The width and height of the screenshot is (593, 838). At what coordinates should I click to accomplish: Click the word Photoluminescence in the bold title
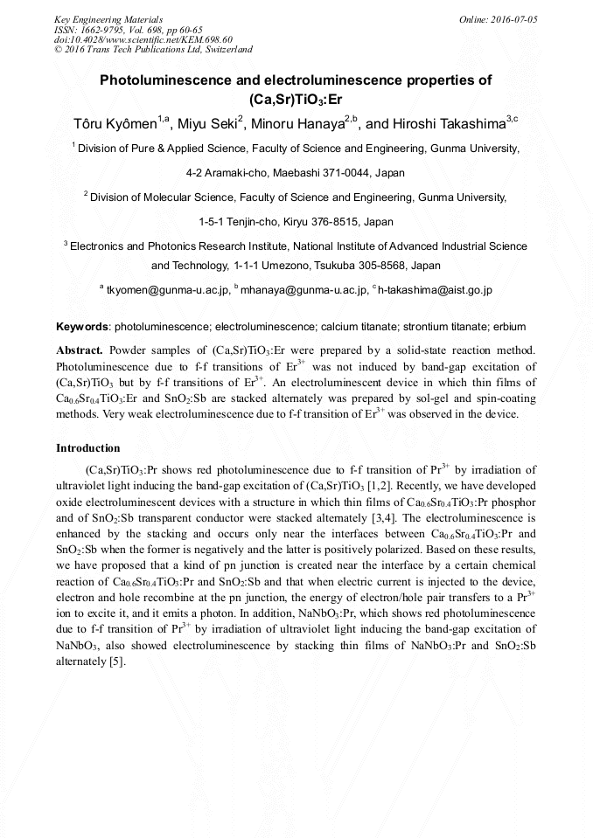point(166,80)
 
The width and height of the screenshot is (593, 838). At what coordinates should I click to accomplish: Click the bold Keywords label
point(82,327)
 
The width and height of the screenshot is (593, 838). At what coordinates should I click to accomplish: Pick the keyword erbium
point(509,327)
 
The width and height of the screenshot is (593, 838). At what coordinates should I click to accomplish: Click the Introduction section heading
point(88,447)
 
